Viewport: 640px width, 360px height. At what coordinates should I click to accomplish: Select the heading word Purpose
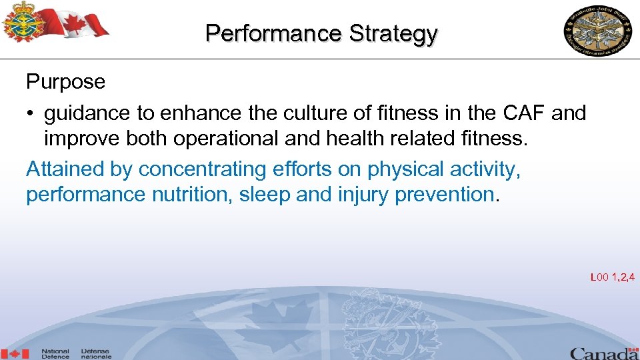click(65, 82)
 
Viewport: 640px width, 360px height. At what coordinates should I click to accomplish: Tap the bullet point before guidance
click(31, 114)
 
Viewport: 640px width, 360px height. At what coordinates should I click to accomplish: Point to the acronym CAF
click(524, 113)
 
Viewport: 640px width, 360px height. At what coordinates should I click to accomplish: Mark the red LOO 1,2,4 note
click(612, 277)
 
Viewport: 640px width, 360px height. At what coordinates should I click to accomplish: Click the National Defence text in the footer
click(55, 353)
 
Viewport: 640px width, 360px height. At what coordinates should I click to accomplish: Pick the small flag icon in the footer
click(15, 353)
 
